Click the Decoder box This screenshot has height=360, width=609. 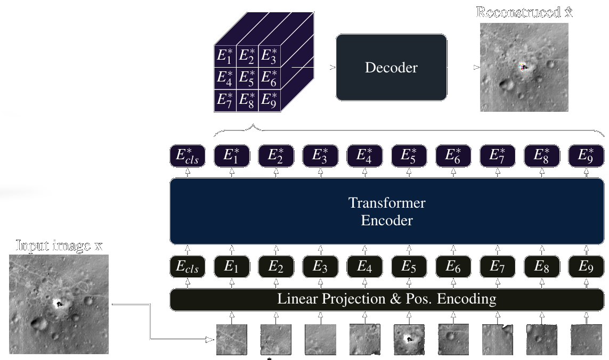click(391, 67)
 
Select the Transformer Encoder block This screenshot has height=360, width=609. click(387, 211)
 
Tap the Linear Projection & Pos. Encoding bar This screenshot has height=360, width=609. click(387, 299)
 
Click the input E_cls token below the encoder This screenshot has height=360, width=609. click(187, 267)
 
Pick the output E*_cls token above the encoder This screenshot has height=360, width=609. click(187, 156)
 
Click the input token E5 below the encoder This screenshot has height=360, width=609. click(409, 267)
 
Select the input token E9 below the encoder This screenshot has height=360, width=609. click(586, 267)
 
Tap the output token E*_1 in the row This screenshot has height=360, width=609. click(231, 156)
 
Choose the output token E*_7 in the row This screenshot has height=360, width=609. click(498, 156)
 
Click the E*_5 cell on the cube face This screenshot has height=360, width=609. click(247, 78)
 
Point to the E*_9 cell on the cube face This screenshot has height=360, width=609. click(269, 100)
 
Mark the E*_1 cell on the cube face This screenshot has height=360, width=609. click(224, 55)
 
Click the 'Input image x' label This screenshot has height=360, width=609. click(59, 246)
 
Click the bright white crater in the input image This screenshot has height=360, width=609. click(58, 304)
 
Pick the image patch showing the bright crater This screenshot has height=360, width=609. click(409, 339)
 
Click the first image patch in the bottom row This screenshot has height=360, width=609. click(231, 339)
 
